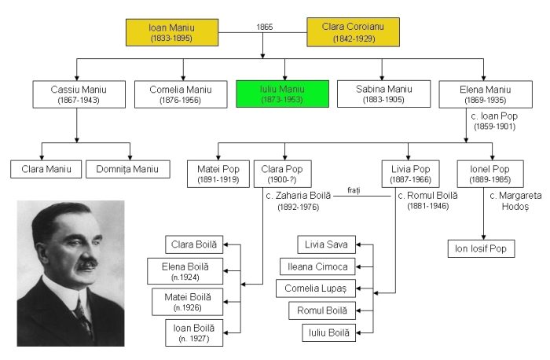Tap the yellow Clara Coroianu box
tap(353, 32)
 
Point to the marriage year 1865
tap(265, 28)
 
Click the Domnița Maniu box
tap(127, 168)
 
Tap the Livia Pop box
tap(409, 174)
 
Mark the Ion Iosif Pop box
tap(482, 249)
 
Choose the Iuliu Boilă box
tap(329, 332)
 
